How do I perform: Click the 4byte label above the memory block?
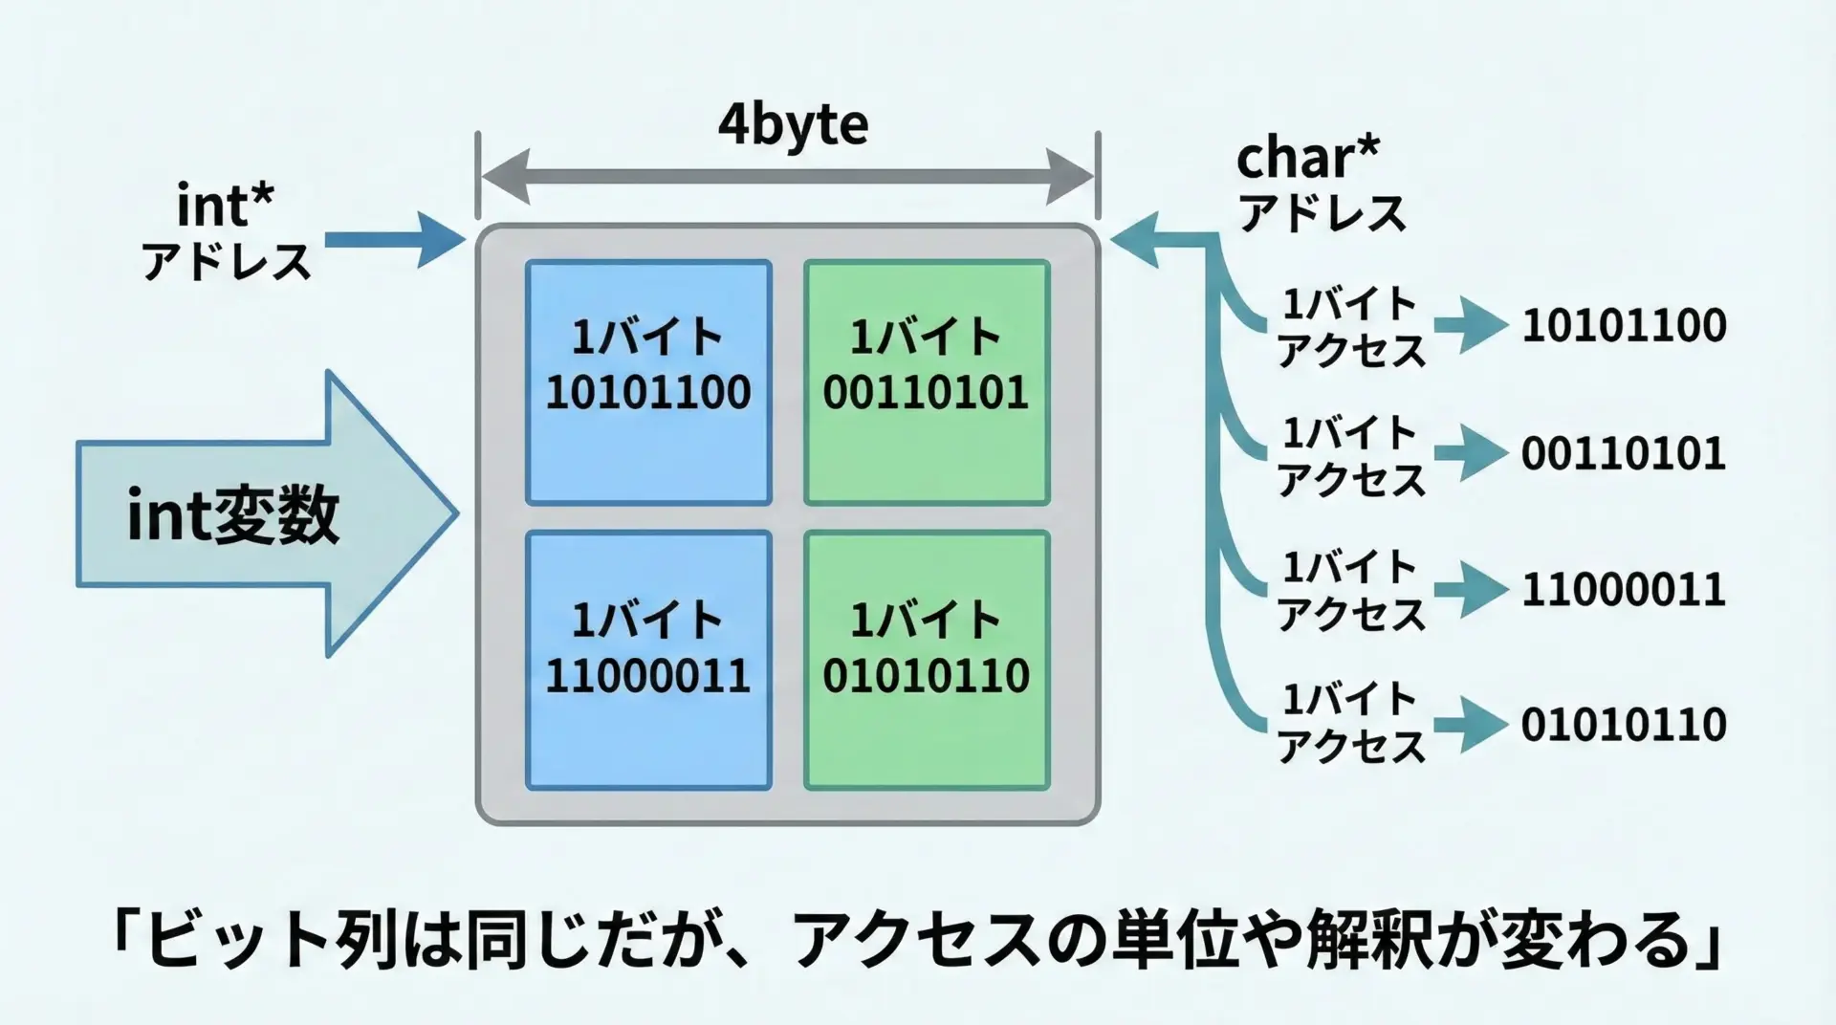793,124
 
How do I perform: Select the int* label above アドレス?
226,204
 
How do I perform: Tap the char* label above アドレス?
1307,158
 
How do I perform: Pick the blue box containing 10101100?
648,382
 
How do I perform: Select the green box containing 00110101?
927,382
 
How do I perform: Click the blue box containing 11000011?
648,660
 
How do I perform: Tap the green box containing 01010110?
927,660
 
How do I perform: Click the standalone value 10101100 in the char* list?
1624,325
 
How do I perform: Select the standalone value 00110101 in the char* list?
1624,453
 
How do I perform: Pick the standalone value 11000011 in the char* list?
1624,589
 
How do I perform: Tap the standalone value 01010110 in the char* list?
1624,725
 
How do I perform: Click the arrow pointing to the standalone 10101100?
1471,326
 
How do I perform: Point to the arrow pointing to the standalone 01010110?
1471,725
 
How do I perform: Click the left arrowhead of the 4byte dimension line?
505,177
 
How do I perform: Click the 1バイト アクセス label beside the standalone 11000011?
1350,590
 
